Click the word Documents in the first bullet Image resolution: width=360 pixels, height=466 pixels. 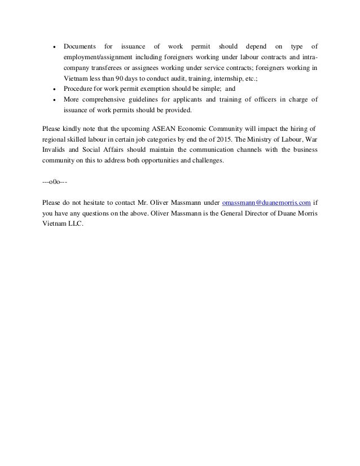(x=80, y=46)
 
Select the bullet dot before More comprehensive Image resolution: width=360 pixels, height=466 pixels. (x=52, y=100)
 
